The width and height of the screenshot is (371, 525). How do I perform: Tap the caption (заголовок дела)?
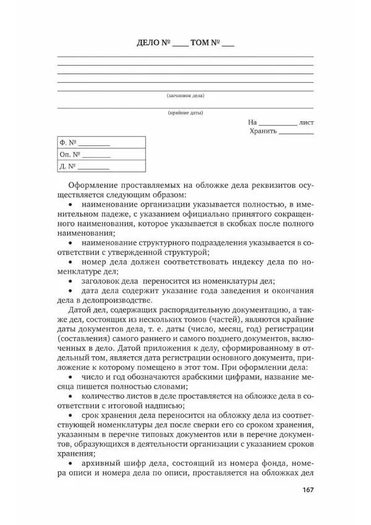[185, 96]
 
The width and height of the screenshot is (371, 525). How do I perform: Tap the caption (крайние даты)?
[185, 113]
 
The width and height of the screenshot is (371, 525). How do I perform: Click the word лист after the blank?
[306, 122]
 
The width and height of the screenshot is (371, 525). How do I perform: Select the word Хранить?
[263, 131]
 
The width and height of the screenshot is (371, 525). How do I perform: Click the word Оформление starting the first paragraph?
[93, 185]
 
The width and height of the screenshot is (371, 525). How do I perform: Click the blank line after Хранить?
[296, 132]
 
